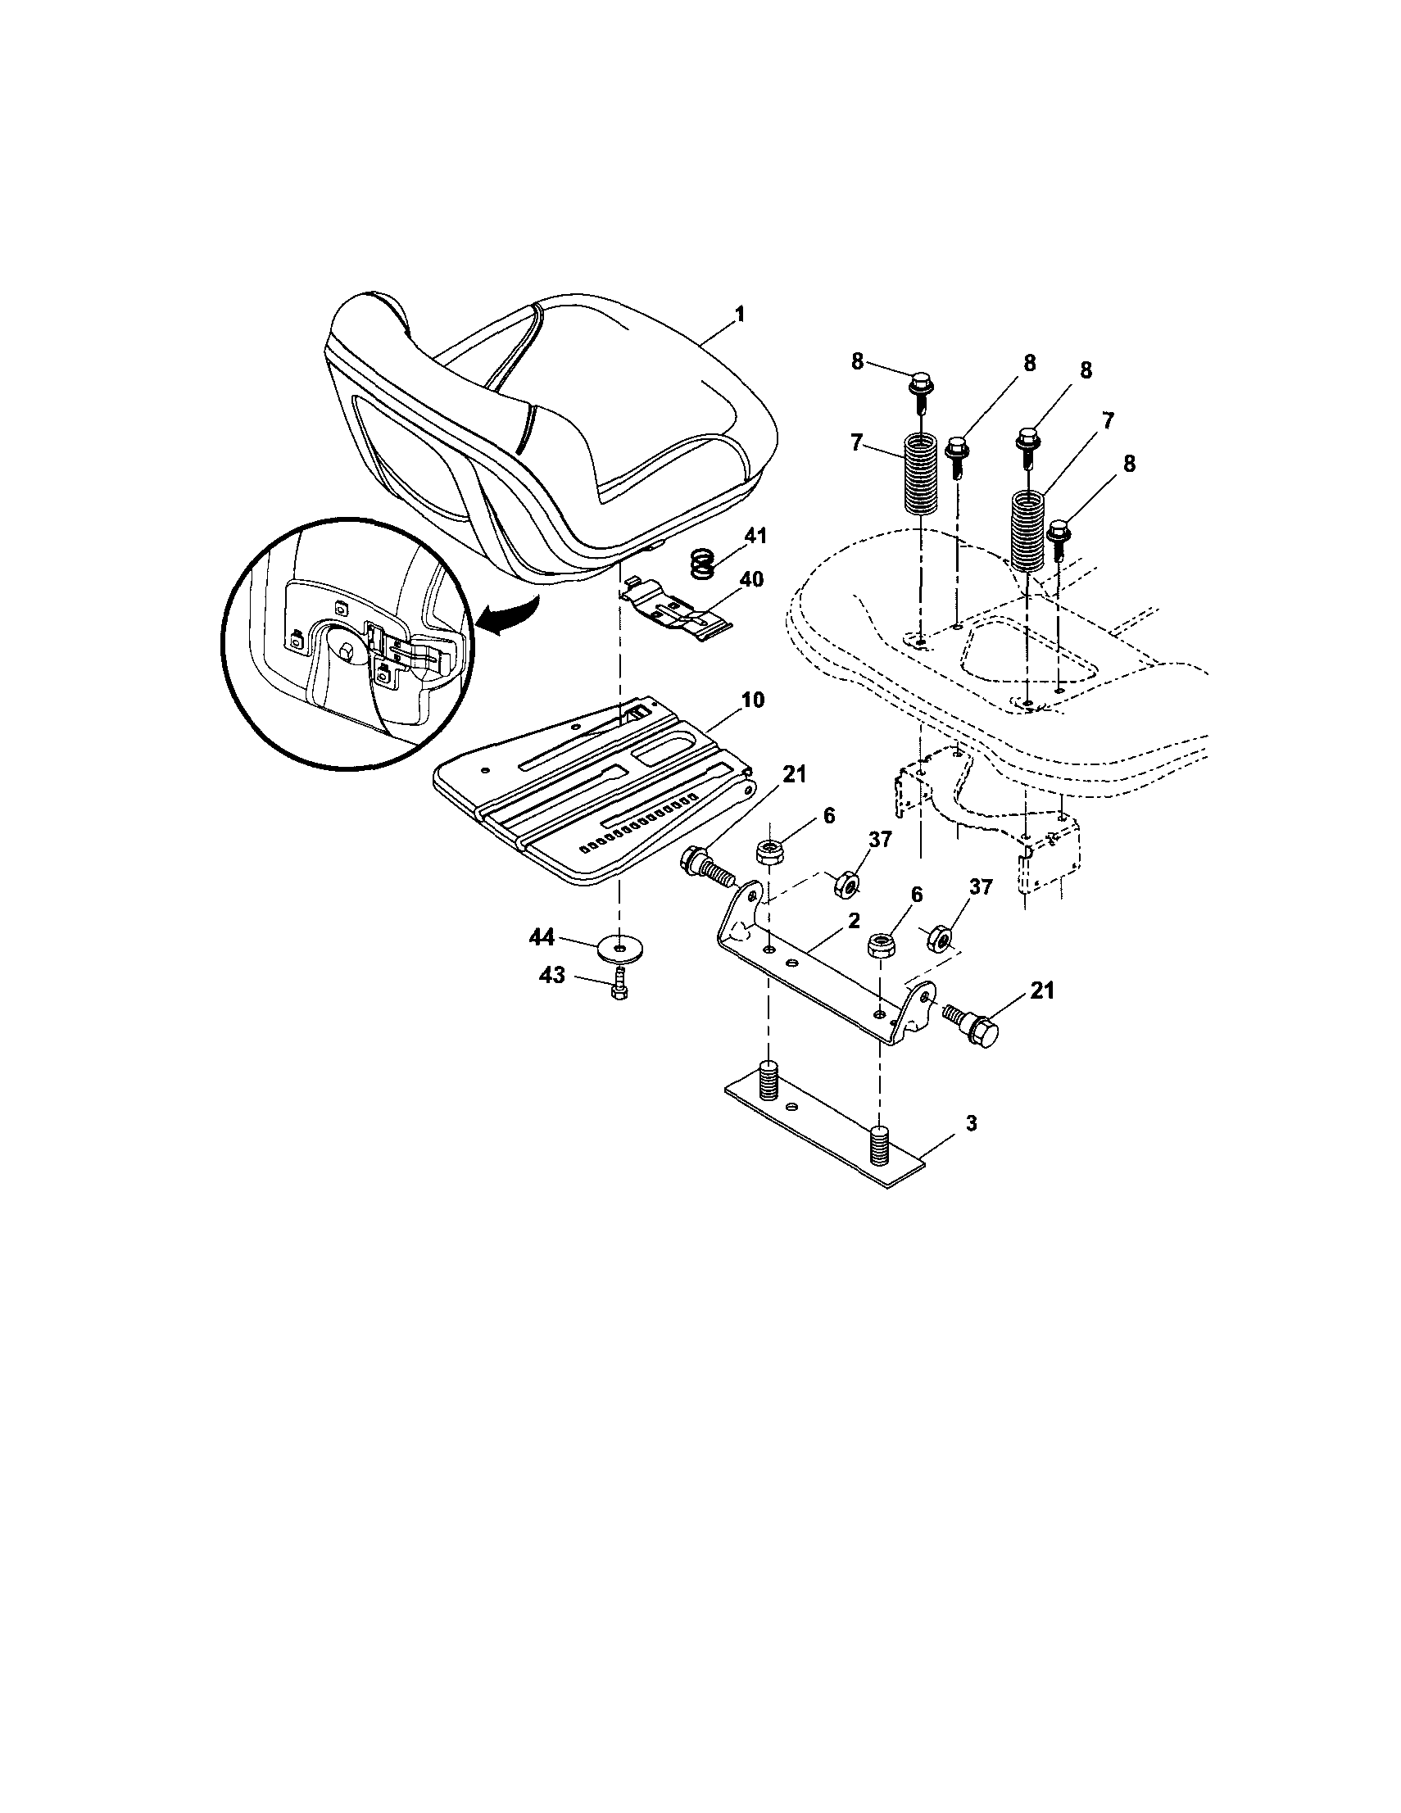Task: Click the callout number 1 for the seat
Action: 739,315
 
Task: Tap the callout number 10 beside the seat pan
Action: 752,700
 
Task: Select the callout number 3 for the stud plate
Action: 949,1123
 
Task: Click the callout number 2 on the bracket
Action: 854,921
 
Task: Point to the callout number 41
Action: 755,537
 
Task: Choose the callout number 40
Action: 751,578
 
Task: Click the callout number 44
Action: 542,936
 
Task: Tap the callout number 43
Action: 551,976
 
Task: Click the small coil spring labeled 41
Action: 703,566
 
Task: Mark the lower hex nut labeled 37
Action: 941,937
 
